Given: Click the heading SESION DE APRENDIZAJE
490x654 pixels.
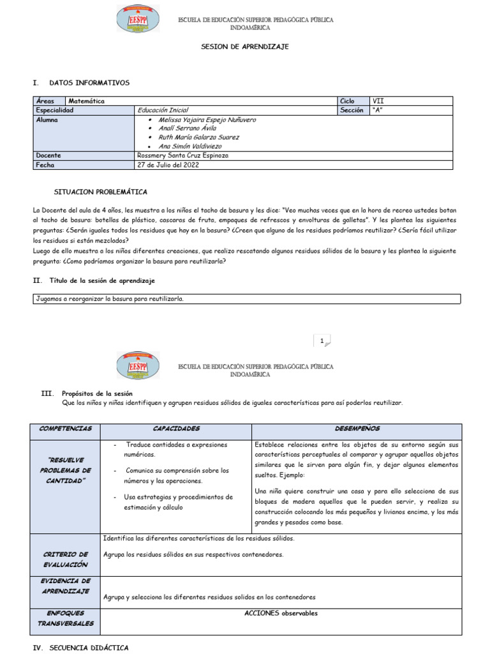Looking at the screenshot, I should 245,47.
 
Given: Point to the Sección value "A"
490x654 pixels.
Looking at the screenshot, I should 377,110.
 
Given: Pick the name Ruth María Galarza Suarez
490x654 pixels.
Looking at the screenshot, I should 198,137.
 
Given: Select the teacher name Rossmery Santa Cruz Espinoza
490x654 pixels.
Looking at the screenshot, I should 182,155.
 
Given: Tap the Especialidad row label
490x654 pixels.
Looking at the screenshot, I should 55,110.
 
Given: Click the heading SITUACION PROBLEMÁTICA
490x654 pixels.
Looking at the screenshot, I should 100,192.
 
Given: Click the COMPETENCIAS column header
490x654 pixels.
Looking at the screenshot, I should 65,429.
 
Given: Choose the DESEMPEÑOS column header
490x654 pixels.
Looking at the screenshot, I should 357,429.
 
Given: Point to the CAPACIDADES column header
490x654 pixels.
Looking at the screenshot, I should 176,429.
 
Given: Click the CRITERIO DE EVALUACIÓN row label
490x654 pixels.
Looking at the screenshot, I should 65,559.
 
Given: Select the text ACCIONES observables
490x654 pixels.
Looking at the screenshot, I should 281,613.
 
